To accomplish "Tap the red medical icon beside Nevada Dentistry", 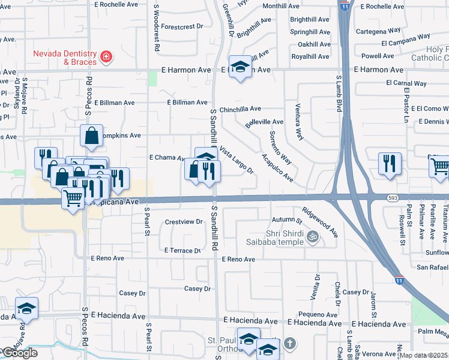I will coord(106,56).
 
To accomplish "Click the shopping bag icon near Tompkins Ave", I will coord(91,137).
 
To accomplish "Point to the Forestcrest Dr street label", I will coord(182,27).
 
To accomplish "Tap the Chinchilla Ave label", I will coord(240,109).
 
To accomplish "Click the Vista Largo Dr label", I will coord(236,160).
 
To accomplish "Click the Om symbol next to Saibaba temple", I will coord(312,237).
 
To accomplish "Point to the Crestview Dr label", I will coord(184,222).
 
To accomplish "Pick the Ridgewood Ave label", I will coord(319,221).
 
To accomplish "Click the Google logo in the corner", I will coord(19,353).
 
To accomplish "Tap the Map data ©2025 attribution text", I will coord(424,356).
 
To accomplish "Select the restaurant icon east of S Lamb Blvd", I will coord(390,164).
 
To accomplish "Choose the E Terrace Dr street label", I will coord(182,251).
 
